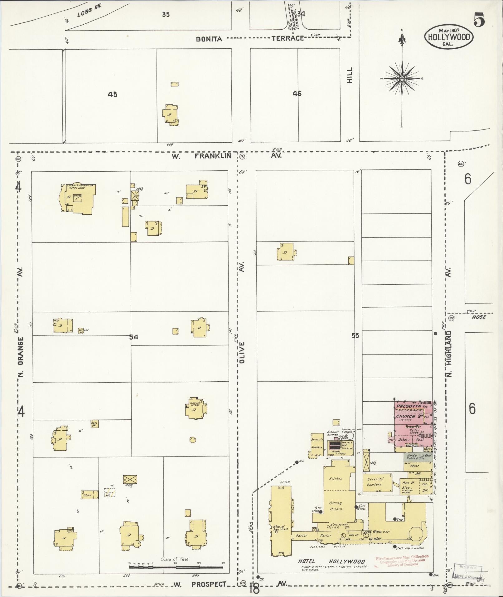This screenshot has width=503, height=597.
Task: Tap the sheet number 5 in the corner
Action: tap(479, 21)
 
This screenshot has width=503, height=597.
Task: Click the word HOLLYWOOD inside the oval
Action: tap(449, 37)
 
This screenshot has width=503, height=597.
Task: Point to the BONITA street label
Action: tap(209, 39)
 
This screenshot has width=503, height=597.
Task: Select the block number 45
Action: tap(113, 94)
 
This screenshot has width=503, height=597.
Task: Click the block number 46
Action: tap(297, 93)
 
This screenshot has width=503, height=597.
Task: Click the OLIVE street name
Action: tap(243, 353)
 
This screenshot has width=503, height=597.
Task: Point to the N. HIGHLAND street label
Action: tap(449, 353)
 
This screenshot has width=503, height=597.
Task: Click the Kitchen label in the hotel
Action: tap(336, 479)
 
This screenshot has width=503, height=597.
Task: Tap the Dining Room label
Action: tap(336, 506)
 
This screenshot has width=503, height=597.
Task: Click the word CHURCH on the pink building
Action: tap(405, 416)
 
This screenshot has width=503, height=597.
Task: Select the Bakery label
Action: tap(404, 439)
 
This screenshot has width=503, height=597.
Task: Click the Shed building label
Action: tap(87, 495)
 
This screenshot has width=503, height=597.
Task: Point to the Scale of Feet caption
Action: tap(175, 560)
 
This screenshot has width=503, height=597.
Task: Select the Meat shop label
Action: tap(414, 466)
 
